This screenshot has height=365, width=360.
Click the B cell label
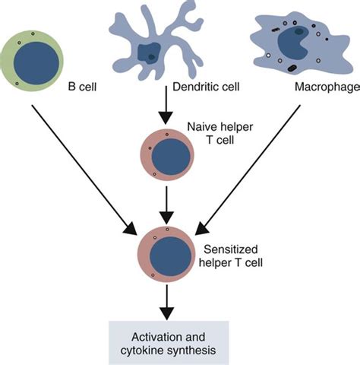coord(83,87)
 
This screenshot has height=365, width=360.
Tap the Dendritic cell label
coord(206,87)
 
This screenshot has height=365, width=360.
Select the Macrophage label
coord(327,87)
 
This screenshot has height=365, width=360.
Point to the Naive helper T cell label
coord(220,133)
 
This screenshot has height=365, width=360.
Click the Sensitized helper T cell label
coord(231,256)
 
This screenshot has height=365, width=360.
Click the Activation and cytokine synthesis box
coord(169,343)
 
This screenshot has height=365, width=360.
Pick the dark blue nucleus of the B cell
coord(36,63)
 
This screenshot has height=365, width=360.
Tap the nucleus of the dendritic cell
coord(149,54)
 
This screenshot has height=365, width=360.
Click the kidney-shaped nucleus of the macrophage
coord(294,43)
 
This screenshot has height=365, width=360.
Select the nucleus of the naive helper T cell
coord(171,157)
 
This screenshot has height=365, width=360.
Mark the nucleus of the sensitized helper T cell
coord(170,256)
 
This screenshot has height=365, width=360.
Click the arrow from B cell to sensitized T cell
coord(84,170)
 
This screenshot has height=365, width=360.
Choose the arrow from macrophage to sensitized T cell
coord(248,170)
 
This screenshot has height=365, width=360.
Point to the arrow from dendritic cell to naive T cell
coord(166,105)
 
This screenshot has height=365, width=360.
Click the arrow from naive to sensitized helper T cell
coord(166,205)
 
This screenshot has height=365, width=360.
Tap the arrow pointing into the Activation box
coord(167,303)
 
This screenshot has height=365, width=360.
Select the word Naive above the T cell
coord(200,127)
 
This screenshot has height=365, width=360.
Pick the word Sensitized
coord(231,249)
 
